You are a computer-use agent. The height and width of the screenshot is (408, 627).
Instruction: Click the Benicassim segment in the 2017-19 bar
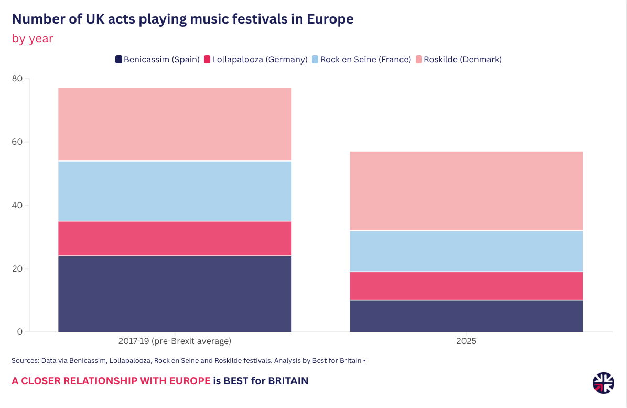175,294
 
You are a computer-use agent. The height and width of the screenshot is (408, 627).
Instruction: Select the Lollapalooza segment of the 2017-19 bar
175,239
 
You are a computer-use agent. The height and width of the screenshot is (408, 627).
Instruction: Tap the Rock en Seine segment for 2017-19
175,191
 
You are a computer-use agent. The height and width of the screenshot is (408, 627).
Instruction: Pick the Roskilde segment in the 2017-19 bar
175,124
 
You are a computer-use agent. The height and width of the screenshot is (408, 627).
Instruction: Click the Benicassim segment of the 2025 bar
466,316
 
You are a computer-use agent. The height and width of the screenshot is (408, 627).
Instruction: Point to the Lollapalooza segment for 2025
466,286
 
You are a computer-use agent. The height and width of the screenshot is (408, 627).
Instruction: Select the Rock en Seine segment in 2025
466,251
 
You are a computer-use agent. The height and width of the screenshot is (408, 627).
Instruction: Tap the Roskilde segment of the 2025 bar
466,191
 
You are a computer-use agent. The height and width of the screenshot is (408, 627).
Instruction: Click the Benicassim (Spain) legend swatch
119,60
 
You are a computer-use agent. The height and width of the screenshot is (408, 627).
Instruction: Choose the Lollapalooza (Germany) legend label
260,60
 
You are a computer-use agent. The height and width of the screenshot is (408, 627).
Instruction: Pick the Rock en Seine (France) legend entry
365,60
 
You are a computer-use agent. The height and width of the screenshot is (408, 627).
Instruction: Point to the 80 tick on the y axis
17,79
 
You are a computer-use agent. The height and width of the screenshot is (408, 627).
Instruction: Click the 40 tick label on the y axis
17,206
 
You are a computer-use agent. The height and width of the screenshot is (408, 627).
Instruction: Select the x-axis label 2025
466,341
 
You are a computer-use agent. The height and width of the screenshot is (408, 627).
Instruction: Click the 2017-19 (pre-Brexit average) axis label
175,341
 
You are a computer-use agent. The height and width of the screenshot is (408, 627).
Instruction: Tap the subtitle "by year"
33,38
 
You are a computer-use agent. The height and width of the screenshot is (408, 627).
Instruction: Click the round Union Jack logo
603,382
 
